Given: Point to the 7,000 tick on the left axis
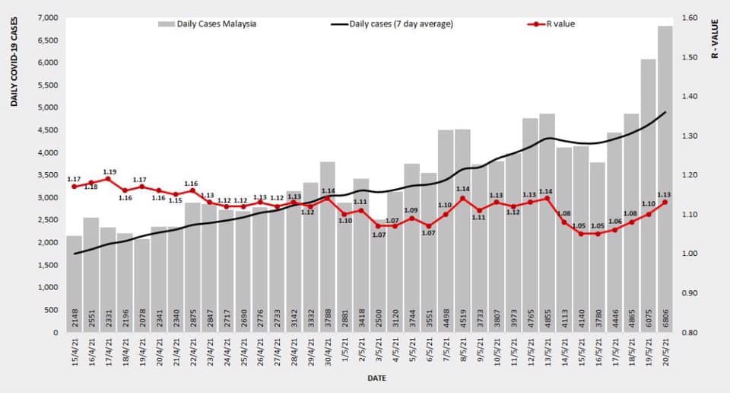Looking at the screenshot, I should click(x=47, y=18).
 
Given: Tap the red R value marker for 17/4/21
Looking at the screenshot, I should click(x=109, y=179).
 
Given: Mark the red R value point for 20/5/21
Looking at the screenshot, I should click(x=665, y=203).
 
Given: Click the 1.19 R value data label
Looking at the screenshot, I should click(x=109, y=171).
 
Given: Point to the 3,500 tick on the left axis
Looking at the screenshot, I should click(x=47, y=175).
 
